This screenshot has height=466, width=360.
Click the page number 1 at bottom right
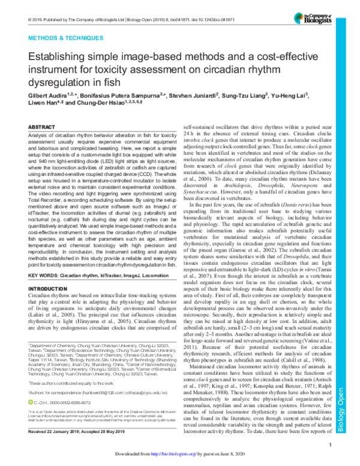pyautogui.click(x=331, y=446)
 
